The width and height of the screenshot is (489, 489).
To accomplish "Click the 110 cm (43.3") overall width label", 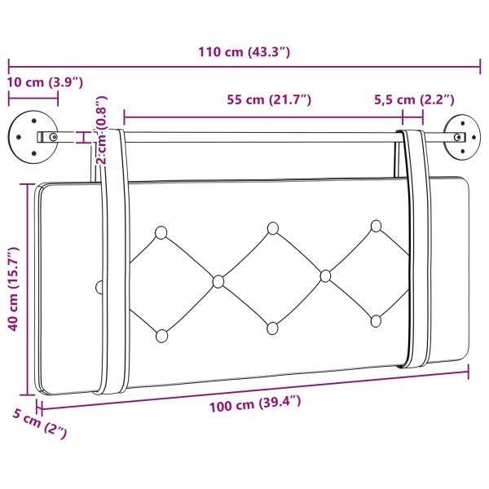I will click(244, 52).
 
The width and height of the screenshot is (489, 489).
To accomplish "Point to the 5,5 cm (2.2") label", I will click(415, 100).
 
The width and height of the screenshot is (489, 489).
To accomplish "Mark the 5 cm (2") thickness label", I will click(39, 425).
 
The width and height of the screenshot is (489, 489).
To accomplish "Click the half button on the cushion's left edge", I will click(99, 287).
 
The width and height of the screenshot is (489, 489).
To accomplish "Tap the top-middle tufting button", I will click(271, 228).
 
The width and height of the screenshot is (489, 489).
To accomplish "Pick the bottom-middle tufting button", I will click(271, 328).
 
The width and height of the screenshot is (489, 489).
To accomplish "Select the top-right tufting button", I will click(376, 226).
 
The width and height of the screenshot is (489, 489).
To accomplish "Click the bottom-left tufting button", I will click(161, 334).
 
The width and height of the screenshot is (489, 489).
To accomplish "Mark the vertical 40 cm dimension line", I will click(32, 289).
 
